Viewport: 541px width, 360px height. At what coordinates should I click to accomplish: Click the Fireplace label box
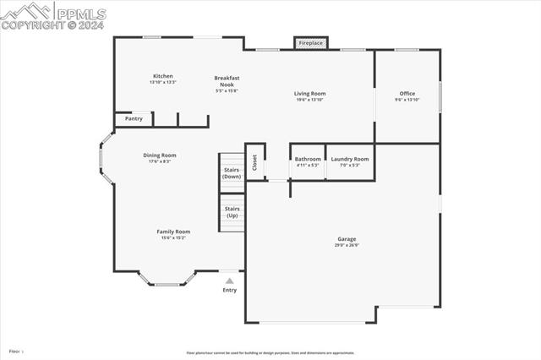tap(310, 43)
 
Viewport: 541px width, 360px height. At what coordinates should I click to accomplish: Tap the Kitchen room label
tap(162, 76)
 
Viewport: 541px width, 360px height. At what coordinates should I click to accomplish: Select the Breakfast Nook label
tap(227, 81)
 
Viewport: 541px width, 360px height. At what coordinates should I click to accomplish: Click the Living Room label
tap(310, 94)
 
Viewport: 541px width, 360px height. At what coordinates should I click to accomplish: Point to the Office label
tap(407, 94)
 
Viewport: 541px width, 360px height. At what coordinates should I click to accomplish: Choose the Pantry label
tap(134, 119)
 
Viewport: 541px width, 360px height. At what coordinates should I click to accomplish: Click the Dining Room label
tap(159, 155)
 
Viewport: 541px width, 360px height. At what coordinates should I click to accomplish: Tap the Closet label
tap(254, 161)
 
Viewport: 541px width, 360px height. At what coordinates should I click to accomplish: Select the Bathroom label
tap(308, 159)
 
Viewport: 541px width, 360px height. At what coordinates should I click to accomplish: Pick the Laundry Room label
tap(349, 159)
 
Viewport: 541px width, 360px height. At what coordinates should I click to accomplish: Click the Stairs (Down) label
tap(232, 173)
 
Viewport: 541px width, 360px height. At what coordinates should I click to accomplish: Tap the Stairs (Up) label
tap(232, 211)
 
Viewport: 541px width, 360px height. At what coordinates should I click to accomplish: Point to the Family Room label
tap(173, 232)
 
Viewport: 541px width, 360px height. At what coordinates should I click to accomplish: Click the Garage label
tap(347, 239)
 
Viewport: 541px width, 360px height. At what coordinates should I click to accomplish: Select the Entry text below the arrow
tap(230, 290)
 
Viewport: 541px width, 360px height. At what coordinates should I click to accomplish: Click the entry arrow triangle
tap(229, 281)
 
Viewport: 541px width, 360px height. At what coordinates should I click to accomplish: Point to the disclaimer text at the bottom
tap(270, 353)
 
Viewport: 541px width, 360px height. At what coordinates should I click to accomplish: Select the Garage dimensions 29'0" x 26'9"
tap(347, 246)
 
